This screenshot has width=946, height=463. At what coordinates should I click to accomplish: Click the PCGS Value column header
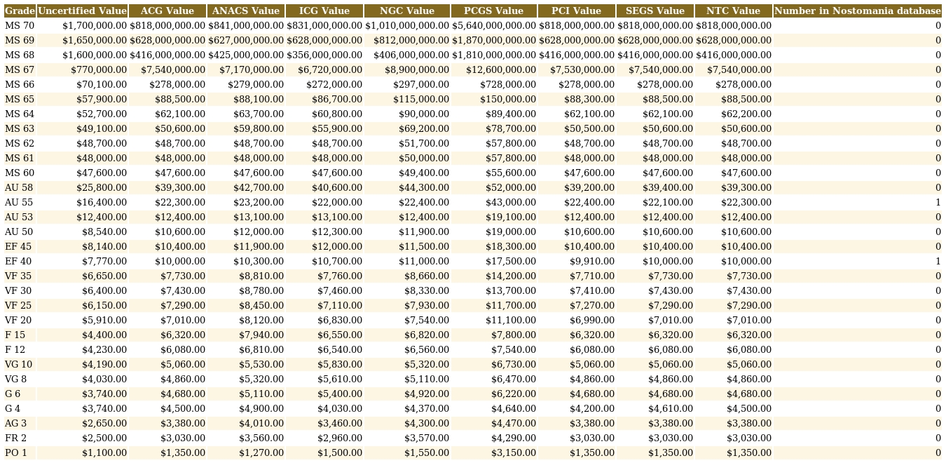(x=493, y=11)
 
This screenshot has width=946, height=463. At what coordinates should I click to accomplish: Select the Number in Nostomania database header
(x=857, y=11)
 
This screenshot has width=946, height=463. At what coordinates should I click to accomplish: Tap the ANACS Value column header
(x=246, y=11)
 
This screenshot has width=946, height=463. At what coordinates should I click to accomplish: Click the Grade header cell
(x=20, y=11)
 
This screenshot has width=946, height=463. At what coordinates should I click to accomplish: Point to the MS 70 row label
(x=20, y=25)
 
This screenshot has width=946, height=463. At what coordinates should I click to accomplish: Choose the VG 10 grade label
(x=18, y=364)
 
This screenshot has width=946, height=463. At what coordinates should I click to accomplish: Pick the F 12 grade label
(x=15, y=349)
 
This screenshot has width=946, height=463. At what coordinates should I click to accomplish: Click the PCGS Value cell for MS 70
(x=494, y=25)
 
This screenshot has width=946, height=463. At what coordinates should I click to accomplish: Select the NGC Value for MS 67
(x=416, y=69)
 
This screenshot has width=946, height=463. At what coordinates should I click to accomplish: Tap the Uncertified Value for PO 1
(x=104, y=453)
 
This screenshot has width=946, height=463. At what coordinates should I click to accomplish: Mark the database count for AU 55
(x=938, y=203)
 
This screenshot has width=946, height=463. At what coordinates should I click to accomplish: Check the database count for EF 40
(x=938, y=261)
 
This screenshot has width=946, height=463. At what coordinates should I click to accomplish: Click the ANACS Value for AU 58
(x=259, y=188)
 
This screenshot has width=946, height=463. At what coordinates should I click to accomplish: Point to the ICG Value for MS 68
(x=324, y=55)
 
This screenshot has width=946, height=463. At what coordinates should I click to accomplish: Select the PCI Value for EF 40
(x=591, y=261)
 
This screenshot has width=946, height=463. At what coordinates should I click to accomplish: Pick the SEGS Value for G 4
(x=670, y=408)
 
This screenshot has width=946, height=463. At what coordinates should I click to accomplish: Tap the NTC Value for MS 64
(x=746, y=114)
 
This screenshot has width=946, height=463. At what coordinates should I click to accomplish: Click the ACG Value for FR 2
(x=182, y=438)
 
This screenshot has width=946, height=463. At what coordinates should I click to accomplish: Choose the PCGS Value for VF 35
(x=511, y=276)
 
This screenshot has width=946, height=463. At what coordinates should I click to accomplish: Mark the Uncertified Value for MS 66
(x=102, y=85)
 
